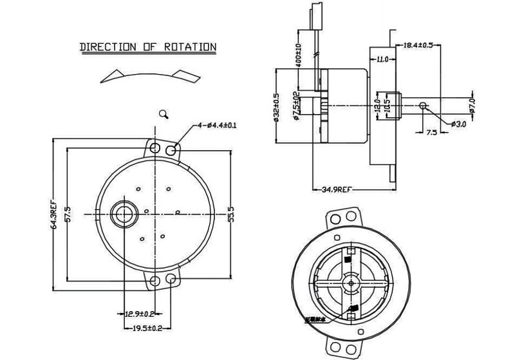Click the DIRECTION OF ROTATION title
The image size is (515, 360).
pyautogui.click(x=147, y=47)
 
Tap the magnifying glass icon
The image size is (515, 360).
pyautogui.click(x=164, y=114)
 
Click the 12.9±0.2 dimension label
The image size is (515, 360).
pyautogui.click(x=140, y=314)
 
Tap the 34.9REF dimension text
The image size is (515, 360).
pyautogui.click(x=336, y=189)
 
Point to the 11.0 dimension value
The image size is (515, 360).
pyautogui.click(x=382, y=60)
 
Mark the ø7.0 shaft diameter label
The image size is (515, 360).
pyautogui.click(x=472, y=105)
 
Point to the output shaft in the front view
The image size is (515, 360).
pyautogui.click(x=122, y=213)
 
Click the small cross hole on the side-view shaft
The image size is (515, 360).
pyautogui.click(x=423, y=105)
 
